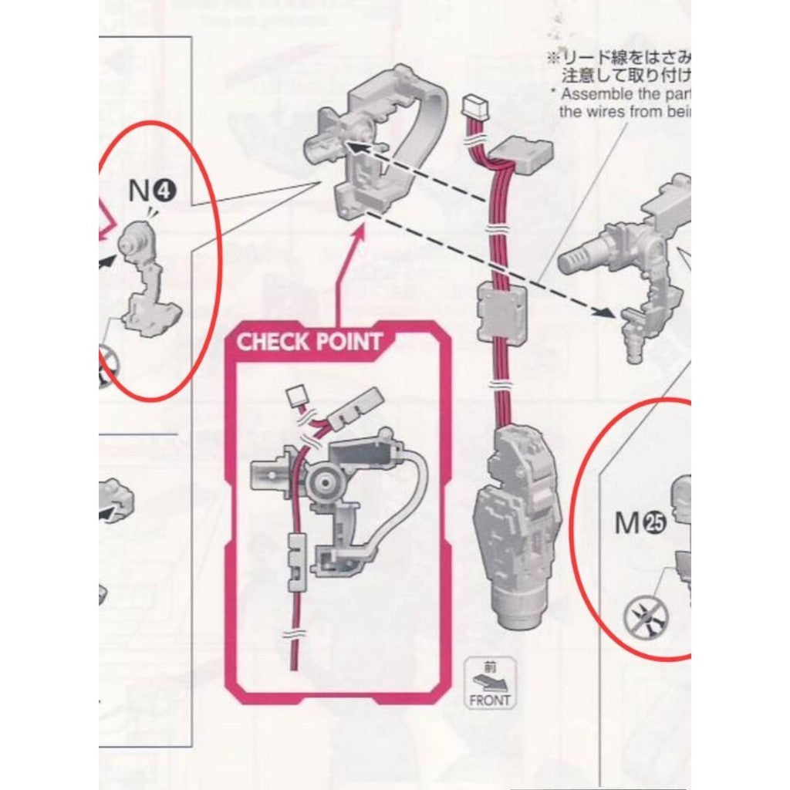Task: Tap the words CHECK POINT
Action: click(x=309, y=341)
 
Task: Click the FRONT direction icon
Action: click(x=489, y=684)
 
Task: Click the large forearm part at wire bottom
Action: click(x=520, y=525)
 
